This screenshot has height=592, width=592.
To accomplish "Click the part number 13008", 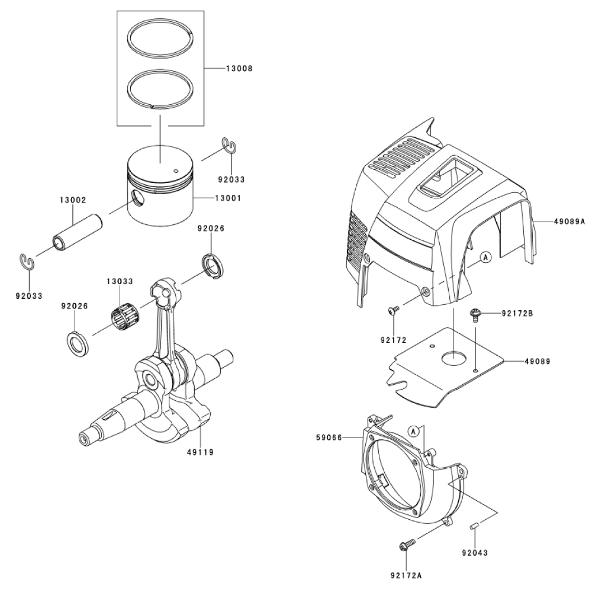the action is (x=239, y=69).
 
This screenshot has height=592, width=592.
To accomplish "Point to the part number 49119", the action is (x=200, y=452).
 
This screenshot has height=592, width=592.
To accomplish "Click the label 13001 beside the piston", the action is (x=228, y=198).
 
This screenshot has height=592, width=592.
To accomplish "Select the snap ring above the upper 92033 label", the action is (x=229, y=146).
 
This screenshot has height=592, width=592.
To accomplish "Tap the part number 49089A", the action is (x=570, y=221).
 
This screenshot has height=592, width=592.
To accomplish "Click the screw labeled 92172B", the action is (x=474, y=316).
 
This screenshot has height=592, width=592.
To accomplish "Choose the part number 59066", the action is (x=329, y=437).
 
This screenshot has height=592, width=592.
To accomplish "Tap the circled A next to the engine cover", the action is (x=486, y=258).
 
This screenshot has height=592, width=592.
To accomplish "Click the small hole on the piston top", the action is (x=175, y=170).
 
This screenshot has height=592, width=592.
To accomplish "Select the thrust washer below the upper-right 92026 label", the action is (x=213, y=267).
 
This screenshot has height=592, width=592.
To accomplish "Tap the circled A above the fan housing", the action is (x=414, y=431).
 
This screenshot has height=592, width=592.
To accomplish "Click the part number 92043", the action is (x=475, y=553).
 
